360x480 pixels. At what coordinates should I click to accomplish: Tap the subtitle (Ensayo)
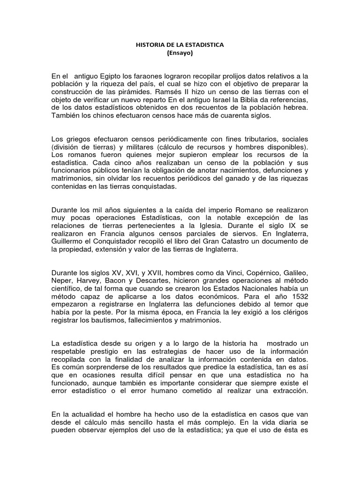180,53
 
